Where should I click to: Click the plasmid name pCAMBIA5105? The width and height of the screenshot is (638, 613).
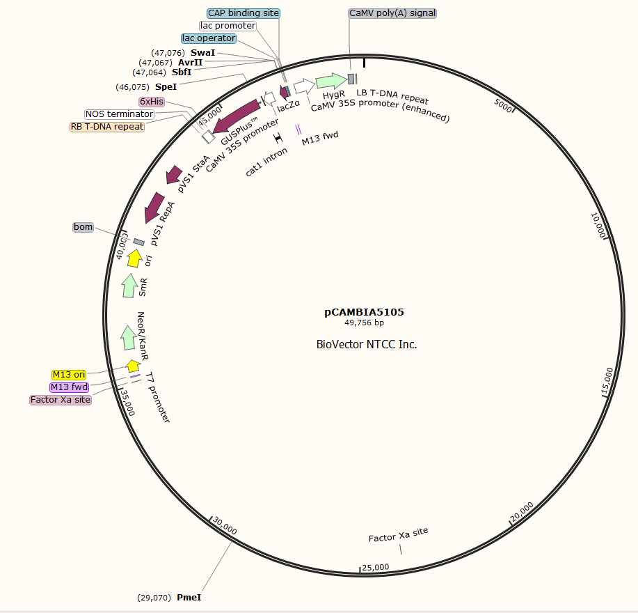click(x=364, y=312)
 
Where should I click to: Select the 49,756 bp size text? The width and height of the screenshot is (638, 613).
click(x=364, y=323)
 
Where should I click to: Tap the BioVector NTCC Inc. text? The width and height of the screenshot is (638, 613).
click(x=367, y=344)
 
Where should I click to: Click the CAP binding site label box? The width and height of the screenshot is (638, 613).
click(x=244, y=13)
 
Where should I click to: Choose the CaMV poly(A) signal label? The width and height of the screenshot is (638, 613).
click(x=392, y=13)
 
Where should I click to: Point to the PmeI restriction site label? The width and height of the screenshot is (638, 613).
click(x=189, y=597)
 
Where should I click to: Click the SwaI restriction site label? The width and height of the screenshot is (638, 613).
click(x=202, y=53)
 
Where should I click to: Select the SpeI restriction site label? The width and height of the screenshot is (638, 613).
click(x=166, y=87)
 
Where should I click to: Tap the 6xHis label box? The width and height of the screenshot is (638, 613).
click(x=151, y=102)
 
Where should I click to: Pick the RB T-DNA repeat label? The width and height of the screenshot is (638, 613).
click(x=106, y=127)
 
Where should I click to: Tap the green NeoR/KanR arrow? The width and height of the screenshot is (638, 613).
click(x=128, y=337)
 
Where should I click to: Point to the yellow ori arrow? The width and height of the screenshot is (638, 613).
click(x=135, y=258)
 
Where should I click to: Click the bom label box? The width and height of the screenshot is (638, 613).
click(x=83, y=227)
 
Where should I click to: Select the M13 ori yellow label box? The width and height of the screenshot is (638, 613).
click(x=69, y=375)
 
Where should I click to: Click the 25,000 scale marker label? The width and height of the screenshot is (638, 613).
click(x=375, y=567)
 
